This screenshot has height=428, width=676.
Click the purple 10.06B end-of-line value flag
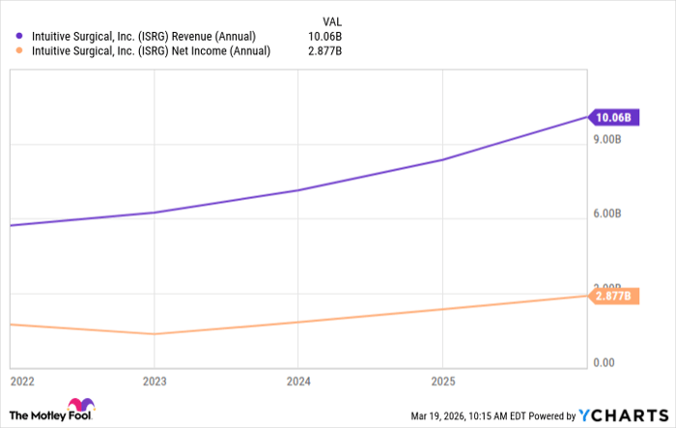pyautogui.click(x=611, y=118)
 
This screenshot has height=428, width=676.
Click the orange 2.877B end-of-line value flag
pyautogui.click(x=611, y=296)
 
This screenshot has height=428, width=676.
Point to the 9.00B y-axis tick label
pyautogui.click(x=613, y=140)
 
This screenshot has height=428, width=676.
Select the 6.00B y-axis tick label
pyautogui.click(x=613, y=214)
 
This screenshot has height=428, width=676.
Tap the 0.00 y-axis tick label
pyautogui.click(x=605, y=362)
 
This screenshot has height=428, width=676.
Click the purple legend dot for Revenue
pyautogui.click(x=18, y=37)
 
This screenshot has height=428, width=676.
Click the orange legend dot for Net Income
pyautogui.click(x=18, y=51)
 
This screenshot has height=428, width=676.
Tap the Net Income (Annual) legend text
pyautogui.click(x=150, y=51)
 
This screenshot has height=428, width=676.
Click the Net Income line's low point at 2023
pyautogui.click(x=154, y=334)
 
